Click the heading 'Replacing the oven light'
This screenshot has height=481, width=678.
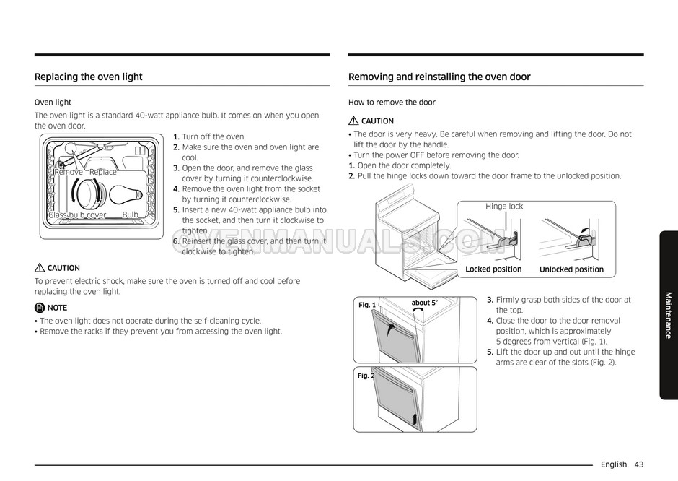(89, 77)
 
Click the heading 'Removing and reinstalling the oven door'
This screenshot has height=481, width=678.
(439, 77)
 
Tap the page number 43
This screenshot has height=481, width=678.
(639, 464)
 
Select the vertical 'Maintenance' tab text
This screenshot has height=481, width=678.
(668, 315)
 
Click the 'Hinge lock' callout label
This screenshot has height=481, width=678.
(504, 207)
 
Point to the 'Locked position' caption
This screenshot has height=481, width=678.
(493, 269)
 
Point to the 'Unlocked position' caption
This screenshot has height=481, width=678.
(571, 269)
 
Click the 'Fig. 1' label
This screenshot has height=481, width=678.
(367, 305)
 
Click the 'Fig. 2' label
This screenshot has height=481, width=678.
(366, 376)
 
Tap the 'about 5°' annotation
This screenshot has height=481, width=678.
(424, 303)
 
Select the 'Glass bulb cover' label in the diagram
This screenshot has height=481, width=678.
(77, 215)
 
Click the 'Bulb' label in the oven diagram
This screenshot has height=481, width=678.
(130, 215)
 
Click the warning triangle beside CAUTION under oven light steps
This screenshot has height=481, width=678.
(40, 268)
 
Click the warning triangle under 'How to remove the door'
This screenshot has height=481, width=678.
(353, 121)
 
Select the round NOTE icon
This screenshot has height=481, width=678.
(40, 308)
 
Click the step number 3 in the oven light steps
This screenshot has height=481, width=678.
(176, 168)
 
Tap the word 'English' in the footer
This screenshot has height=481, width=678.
(613, 464)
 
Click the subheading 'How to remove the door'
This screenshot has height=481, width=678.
(392, 103)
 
